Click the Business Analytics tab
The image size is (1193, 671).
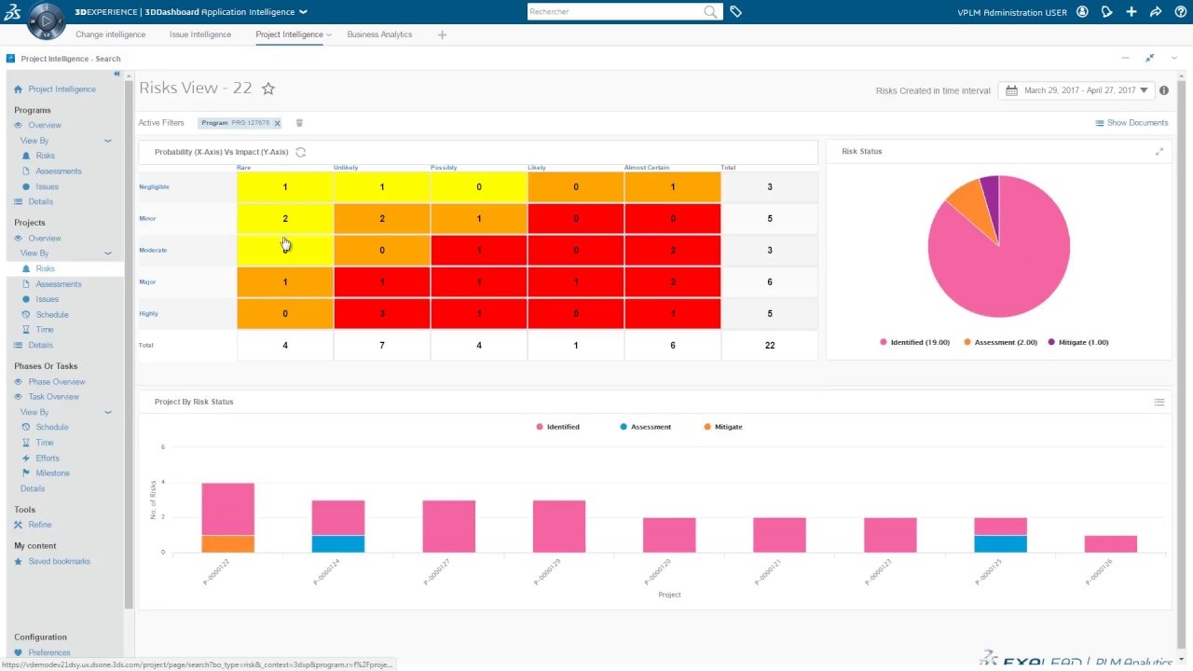(x=379, y=34)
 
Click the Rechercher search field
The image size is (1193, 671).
(x=615, y=12)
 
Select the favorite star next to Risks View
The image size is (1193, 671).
(x=268, y=89)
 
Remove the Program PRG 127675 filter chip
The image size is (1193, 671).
(x=277, y=123)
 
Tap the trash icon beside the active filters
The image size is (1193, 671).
(x=299, y=123)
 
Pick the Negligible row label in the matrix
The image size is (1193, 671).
(x=155, y=186)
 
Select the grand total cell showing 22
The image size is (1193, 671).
(x=770, y=345)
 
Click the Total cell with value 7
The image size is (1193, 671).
(x=382, y=345)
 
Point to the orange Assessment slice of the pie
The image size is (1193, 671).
(x=966, y=198)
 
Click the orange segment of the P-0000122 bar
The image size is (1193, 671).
(x=227, y=543)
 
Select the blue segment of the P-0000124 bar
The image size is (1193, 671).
(x=338, y=543)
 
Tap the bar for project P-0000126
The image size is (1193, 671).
(x=1111, y=543)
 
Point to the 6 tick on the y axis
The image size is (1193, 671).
(x=162, y=447)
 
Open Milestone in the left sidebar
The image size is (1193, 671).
(x=53, y=473)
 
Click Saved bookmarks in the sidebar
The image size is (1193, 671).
(x=59, y=562)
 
